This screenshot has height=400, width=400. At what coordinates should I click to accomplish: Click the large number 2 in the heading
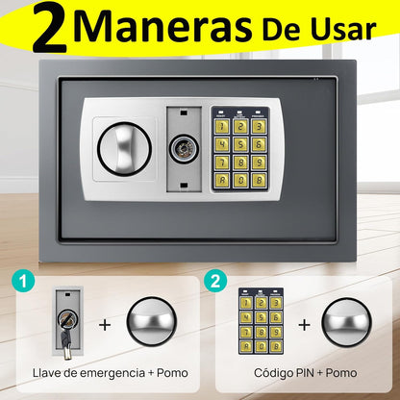(x=50, y=28)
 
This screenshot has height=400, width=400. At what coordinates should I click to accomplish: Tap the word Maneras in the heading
(x=162, y=25)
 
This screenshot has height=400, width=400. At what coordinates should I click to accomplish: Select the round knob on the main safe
(x=124, y=148)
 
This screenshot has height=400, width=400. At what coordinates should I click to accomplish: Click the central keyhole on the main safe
(x=184, y=149)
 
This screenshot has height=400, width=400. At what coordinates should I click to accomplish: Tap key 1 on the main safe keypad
(x=222, y=126)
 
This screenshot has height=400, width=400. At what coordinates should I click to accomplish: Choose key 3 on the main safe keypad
(x=259, y=126)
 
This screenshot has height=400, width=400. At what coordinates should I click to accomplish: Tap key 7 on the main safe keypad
(x=222, y=162)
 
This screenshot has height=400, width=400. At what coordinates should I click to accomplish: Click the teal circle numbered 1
(x=23, y=281)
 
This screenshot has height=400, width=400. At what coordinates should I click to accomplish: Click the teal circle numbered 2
(x=215, y=281)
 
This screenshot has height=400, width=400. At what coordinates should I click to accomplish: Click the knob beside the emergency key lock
(x=152, y=322)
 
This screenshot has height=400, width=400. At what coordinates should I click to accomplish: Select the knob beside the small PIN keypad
(x=346, y=322)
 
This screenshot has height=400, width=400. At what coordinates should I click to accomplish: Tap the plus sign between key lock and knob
(x=105, y=325)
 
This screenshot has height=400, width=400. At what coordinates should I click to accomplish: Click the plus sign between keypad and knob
(x=304, y=325)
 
